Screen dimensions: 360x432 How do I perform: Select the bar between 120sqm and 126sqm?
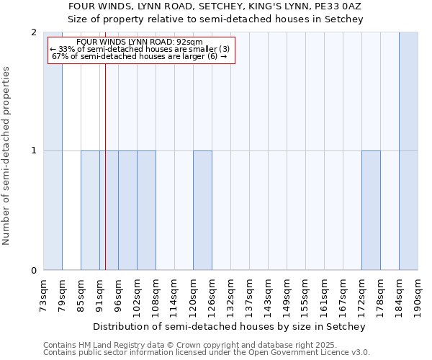pyautogui.click(x=202, y=210)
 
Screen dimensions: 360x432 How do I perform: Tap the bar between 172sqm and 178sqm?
pyautogui.click(x=371, y=210)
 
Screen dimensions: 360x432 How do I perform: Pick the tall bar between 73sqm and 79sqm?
pyautogui.click(x=53, y=151)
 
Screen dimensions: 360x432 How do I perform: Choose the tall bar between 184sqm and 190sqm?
pyautogui.click(x=408, y=151)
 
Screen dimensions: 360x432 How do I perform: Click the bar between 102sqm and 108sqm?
pyautogui.click(x=146, y=210)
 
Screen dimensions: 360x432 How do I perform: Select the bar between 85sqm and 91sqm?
pyautogui.click(x=90, y=210)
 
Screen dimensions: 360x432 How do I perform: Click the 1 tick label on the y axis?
pyautogui.click(x=34, y=151)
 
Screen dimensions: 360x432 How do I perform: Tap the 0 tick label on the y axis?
pyautogui.click(x=34, y=271)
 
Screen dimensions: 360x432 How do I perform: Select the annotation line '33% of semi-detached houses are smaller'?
pyautogui.click(x=141, y=49)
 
